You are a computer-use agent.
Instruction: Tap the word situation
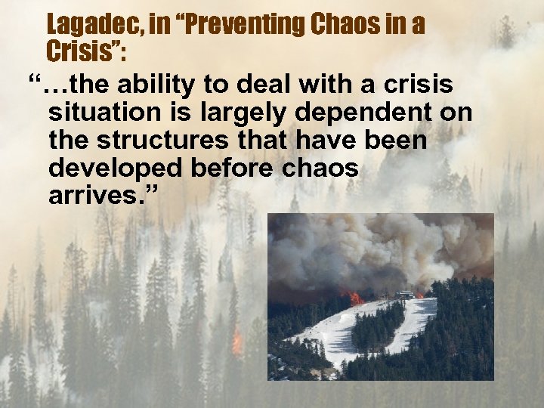tap(102, 113)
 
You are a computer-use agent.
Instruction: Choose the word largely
tap(249, 113)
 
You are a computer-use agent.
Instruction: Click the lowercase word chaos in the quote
tap(321, 168)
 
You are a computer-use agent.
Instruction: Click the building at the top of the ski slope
tap(405, 293)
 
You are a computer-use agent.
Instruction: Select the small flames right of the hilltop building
tap(420, 295)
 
